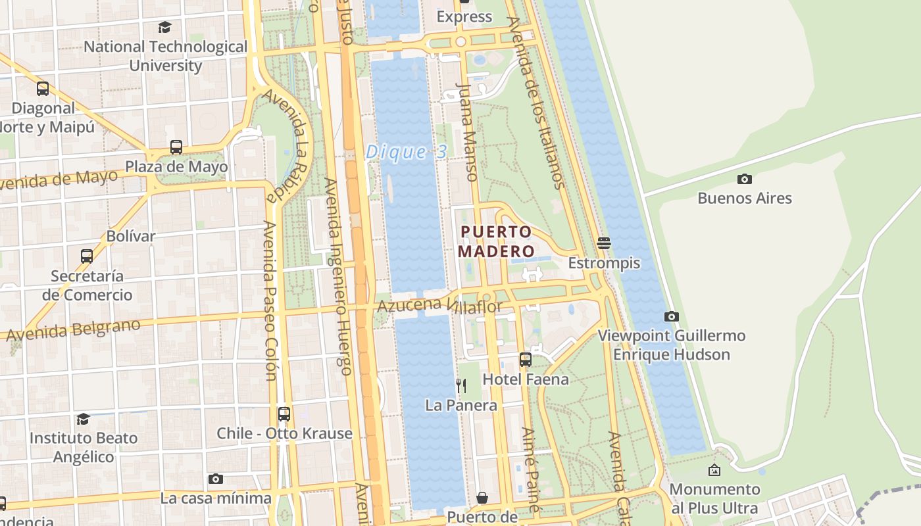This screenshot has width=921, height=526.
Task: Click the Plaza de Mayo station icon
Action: click(x=176, y=147)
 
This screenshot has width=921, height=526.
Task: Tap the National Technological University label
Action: click(x=165, y=56)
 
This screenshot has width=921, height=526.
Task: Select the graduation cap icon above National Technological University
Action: click(x=164, y=28)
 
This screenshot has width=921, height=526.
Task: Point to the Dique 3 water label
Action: click(x=406, y=152)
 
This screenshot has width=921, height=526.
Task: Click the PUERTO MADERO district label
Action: click(x=496, y=241)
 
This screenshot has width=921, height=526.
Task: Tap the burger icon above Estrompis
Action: click(x=604, y=243)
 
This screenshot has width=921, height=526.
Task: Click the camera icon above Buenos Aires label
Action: click(x=745, y=179)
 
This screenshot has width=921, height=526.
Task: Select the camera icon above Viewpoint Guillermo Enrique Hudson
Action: click(x=671, y=316)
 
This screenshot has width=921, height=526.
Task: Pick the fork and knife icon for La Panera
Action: click(x=461, y=386)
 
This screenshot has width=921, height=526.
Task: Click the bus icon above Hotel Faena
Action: click(x=525, y=360)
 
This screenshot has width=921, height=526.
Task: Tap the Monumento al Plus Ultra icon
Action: click(x=714, y=470)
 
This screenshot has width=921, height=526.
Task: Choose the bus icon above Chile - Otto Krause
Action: click(x=284, y=414)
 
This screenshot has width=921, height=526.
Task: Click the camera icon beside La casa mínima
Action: click(x=215, y=479)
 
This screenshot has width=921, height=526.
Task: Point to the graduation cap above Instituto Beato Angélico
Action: click(x=83, y=419)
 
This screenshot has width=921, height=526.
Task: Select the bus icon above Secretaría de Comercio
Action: click(x=87, y=256)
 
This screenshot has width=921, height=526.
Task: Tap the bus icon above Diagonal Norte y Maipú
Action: click(x=43, y=89)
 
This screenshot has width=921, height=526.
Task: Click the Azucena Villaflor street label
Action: click(x=439, y=306)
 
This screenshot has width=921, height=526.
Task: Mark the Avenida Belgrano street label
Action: click(x=73, y=330)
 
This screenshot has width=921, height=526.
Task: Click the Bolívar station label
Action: click(x=131, y=236)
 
